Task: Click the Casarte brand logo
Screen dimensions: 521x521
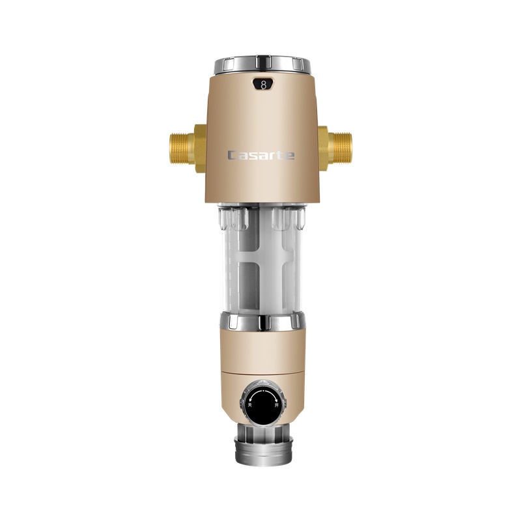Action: point(260,155)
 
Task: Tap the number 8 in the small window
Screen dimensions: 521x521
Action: point(263,84)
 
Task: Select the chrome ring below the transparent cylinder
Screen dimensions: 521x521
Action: point(261,321)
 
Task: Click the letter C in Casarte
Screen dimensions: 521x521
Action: point(232,155)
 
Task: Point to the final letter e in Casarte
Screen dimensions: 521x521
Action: point(290,155)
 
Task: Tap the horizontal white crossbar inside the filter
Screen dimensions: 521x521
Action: point(260,264)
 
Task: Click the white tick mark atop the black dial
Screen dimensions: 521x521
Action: point(262,387)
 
